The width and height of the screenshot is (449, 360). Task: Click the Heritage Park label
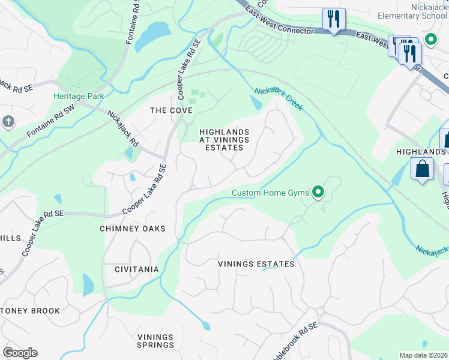tap(79, 96)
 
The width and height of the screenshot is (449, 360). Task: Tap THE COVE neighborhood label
tap(171, 110)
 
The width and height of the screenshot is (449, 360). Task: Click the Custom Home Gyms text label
tap(271, 193)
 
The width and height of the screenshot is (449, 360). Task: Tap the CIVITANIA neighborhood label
tap(137, 269)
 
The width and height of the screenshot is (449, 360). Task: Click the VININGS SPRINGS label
tap(155, 341)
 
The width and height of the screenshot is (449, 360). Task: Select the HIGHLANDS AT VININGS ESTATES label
tap(224, 140)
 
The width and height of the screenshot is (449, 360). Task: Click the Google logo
tap(20, 353)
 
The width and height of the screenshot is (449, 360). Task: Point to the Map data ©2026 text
tap(424, 355)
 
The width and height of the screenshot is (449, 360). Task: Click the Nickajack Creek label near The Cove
tap(278, 99)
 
